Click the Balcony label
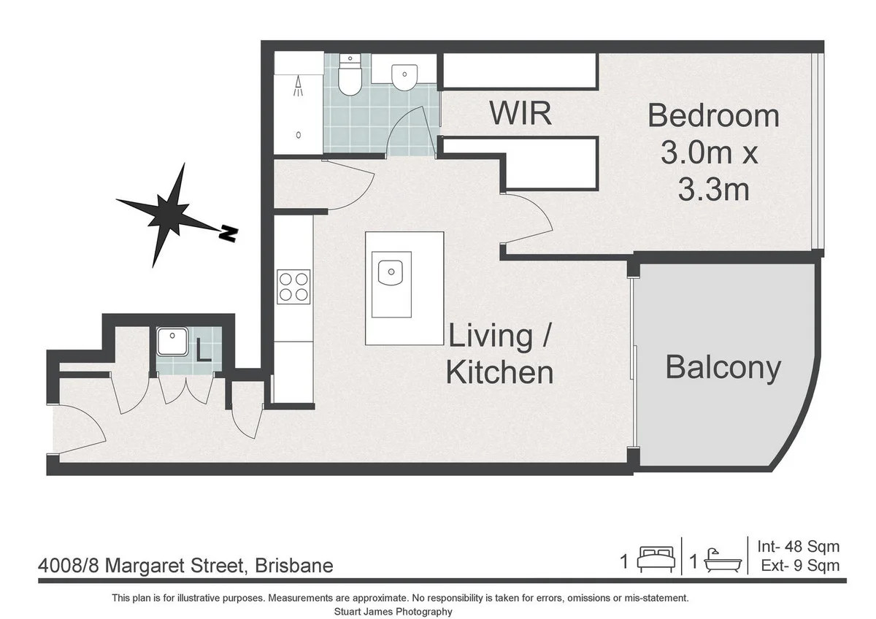723,368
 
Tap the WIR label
520,115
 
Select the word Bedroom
713,115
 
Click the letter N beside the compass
229,234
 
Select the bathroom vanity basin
404,75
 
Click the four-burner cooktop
293,285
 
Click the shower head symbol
299,88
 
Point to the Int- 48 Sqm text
798,546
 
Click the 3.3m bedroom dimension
713,190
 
